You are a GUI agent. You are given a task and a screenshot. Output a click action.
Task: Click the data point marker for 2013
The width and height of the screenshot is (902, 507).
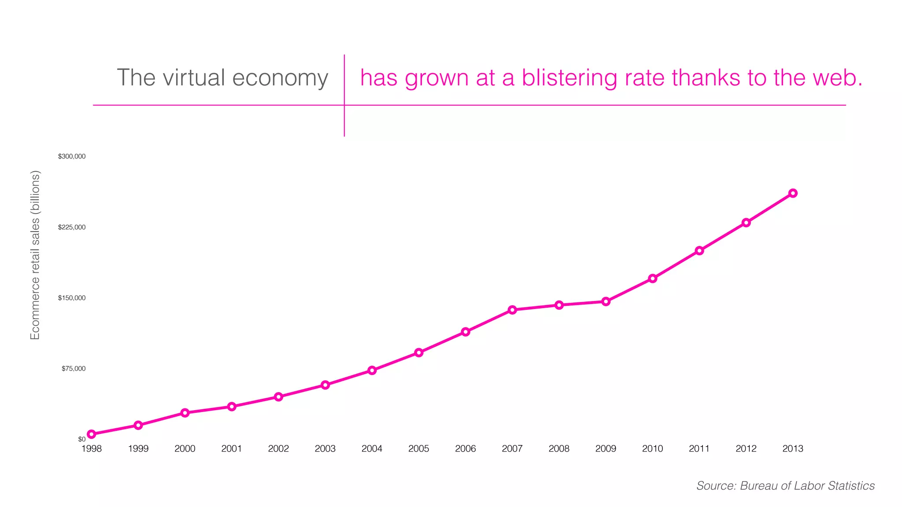793,193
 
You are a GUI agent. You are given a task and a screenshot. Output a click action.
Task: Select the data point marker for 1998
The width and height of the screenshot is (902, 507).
92,434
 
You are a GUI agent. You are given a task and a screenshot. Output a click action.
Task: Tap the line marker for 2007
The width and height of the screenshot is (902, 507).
512,310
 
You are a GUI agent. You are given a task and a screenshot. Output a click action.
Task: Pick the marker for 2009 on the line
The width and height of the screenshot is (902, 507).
606,301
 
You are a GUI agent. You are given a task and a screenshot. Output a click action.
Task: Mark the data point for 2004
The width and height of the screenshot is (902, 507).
372,370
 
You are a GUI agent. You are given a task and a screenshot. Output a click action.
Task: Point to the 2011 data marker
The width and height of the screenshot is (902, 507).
699,251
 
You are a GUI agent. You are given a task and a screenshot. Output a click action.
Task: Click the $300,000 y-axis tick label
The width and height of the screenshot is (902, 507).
72,156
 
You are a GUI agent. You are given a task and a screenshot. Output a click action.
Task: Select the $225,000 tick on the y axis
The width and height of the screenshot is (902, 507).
72,227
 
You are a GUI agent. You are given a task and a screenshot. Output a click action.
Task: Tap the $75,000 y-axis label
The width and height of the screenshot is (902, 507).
74,368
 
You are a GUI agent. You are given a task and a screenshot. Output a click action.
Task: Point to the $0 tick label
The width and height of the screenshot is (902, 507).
82,439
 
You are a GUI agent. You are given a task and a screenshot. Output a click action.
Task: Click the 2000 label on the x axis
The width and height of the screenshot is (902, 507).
185,448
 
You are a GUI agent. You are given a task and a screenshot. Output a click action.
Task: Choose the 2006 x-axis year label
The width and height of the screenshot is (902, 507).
466,448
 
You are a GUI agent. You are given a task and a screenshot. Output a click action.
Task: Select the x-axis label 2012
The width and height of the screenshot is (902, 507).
746,448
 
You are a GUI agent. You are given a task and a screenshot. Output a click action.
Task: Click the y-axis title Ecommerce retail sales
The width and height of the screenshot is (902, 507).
35,255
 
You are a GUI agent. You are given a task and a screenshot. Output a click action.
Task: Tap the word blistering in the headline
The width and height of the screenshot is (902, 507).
589,78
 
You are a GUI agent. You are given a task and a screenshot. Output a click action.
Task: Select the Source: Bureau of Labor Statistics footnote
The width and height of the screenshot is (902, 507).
785,485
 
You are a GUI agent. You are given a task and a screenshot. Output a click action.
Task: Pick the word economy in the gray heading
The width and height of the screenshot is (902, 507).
280,78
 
